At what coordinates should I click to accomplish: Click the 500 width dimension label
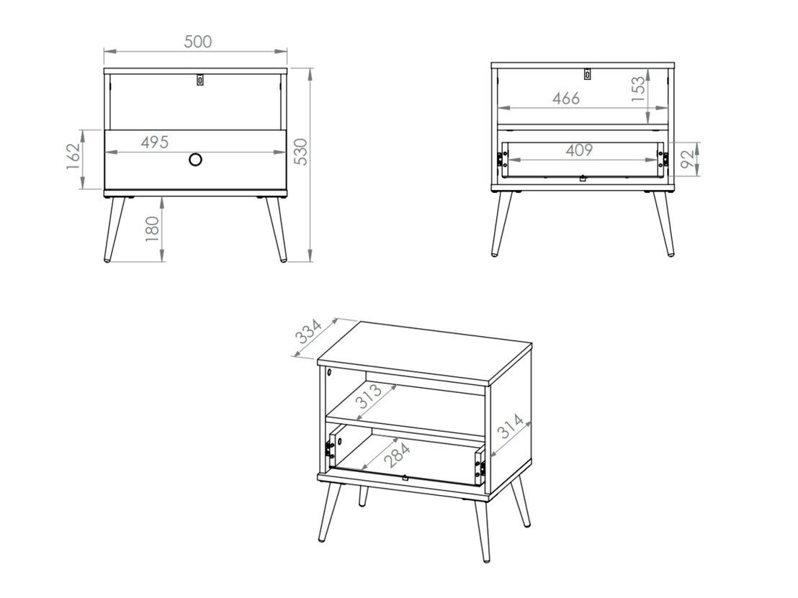point(197,42)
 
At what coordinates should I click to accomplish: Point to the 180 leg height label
point(152,230)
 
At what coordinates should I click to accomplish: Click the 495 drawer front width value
point(154,142)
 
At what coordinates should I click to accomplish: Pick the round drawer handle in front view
point(196,159)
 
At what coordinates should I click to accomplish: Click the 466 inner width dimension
point(566,99)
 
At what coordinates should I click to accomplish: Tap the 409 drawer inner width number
point(578,150)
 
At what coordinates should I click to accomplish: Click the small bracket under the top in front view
point(200,80)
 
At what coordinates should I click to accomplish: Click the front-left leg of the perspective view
point(329,512)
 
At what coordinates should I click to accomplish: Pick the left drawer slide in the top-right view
point(500,160)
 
